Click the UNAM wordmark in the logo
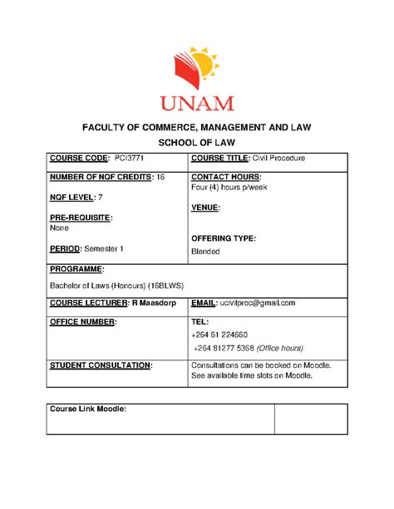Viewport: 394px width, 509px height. click(197, 102)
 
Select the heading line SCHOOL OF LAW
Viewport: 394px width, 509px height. click(196, 142)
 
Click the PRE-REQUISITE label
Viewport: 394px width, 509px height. click(81, 218)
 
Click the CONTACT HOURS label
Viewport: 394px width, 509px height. click(225, 178)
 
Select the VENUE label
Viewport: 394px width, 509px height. click(205, 208)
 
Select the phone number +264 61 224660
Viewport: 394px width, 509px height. click(224, 334)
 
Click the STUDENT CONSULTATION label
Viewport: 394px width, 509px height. click(101, 365)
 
